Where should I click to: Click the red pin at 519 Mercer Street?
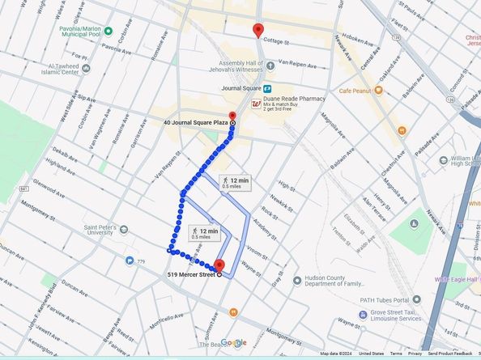coord(219,265)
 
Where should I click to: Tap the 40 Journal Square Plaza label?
coord(192,122)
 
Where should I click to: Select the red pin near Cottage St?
coord(258,31)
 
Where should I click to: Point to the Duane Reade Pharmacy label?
coord(295,99)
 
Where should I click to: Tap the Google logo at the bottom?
coord(233,342)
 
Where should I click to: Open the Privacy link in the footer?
coord(415,354)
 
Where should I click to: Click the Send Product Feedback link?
coord(450,354)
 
